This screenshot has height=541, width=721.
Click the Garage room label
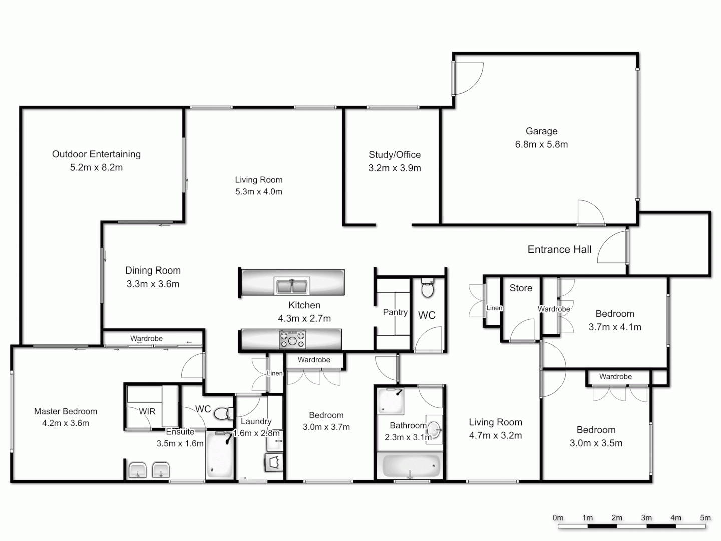click(541, 131)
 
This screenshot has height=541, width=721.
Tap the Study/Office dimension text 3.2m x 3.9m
click(395, 168)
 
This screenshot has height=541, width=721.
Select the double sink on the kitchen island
click(292, 286)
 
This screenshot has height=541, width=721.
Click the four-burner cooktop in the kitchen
click(292, 339)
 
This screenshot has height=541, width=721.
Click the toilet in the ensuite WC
click(223, 413)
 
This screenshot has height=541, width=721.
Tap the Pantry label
click(395, 312)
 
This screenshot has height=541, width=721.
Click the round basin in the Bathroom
click(435, 429)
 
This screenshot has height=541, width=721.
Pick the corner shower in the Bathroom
click(390, 400)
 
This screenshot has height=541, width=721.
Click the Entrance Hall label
click(559, 249)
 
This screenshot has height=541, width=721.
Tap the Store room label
click(521, 288)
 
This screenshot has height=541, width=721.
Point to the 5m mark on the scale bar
click(705, 518)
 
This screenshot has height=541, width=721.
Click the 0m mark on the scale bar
click(558, 518)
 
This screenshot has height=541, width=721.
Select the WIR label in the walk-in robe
click(147, 411)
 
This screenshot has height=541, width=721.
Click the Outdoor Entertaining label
click(96, 154)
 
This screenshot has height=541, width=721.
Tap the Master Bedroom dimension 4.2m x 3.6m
click(66, 423)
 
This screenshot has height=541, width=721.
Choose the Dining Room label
click(153, 270)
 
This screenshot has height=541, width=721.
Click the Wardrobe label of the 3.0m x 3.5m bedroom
click(615, 376)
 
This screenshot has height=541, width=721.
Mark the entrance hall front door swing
click(612, 248)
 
